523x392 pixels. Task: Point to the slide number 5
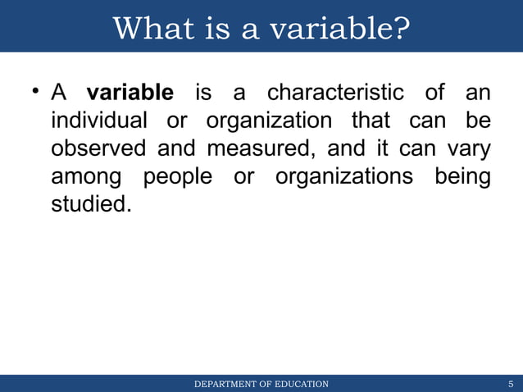tap(511, 384)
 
